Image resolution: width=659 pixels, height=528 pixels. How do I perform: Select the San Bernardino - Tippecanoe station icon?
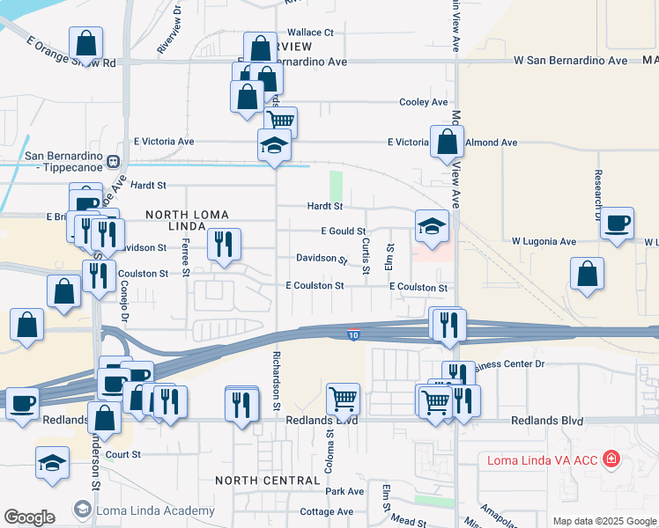click(x=114, y=161)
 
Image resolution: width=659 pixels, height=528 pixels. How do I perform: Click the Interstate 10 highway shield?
click(x=353, y=334)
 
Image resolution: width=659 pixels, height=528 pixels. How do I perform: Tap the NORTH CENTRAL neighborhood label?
click(x=268, y=480)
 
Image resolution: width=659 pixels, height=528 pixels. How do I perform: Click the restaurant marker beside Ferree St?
click(x=224, y=244)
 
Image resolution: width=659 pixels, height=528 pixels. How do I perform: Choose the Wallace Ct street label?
click(x=304, y=33)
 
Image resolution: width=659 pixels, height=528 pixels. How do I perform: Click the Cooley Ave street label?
click(x=423, y=102)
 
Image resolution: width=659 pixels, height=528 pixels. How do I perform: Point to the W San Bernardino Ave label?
click(x=571, y=61)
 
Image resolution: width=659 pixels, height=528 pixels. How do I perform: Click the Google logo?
click(x=29, y=517)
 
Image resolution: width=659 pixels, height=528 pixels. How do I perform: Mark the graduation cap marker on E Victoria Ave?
click(x=274, y=144)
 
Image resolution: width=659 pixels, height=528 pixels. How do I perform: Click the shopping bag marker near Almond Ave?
click(x=448, y=141)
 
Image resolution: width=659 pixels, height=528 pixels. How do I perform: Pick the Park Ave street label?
click(x=344, y=491)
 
